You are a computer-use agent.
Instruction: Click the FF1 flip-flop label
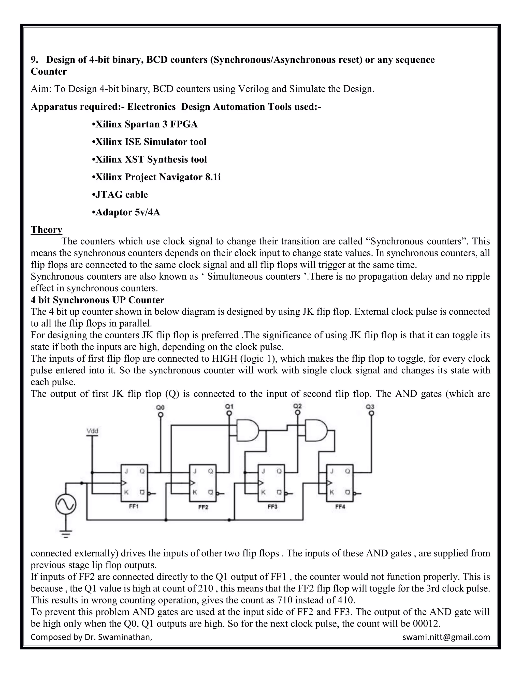tap(133, 506)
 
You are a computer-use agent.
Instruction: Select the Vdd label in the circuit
tap(92, 431)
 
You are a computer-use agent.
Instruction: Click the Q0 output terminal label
tap(160, 407)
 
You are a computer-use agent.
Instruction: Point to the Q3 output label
tap(370, 407)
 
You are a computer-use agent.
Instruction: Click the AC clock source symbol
tap(66, 504)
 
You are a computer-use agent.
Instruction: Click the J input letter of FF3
tap(263, 471)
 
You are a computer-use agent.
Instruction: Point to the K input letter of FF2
tap(195, 492)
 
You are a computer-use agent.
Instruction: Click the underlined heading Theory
tap(46, 230)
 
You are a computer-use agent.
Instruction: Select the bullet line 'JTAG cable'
tap(120, 195)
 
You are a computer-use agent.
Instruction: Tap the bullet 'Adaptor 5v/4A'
tap(126, 212)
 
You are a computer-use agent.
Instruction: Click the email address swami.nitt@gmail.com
tap(446, 637)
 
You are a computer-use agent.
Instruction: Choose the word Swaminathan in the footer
tap(125, 637)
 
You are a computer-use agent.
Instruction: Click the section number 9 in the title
tap(33, 59)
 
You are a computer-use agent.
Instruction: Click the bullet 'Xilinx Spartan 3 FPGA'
tap(145, 124)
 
